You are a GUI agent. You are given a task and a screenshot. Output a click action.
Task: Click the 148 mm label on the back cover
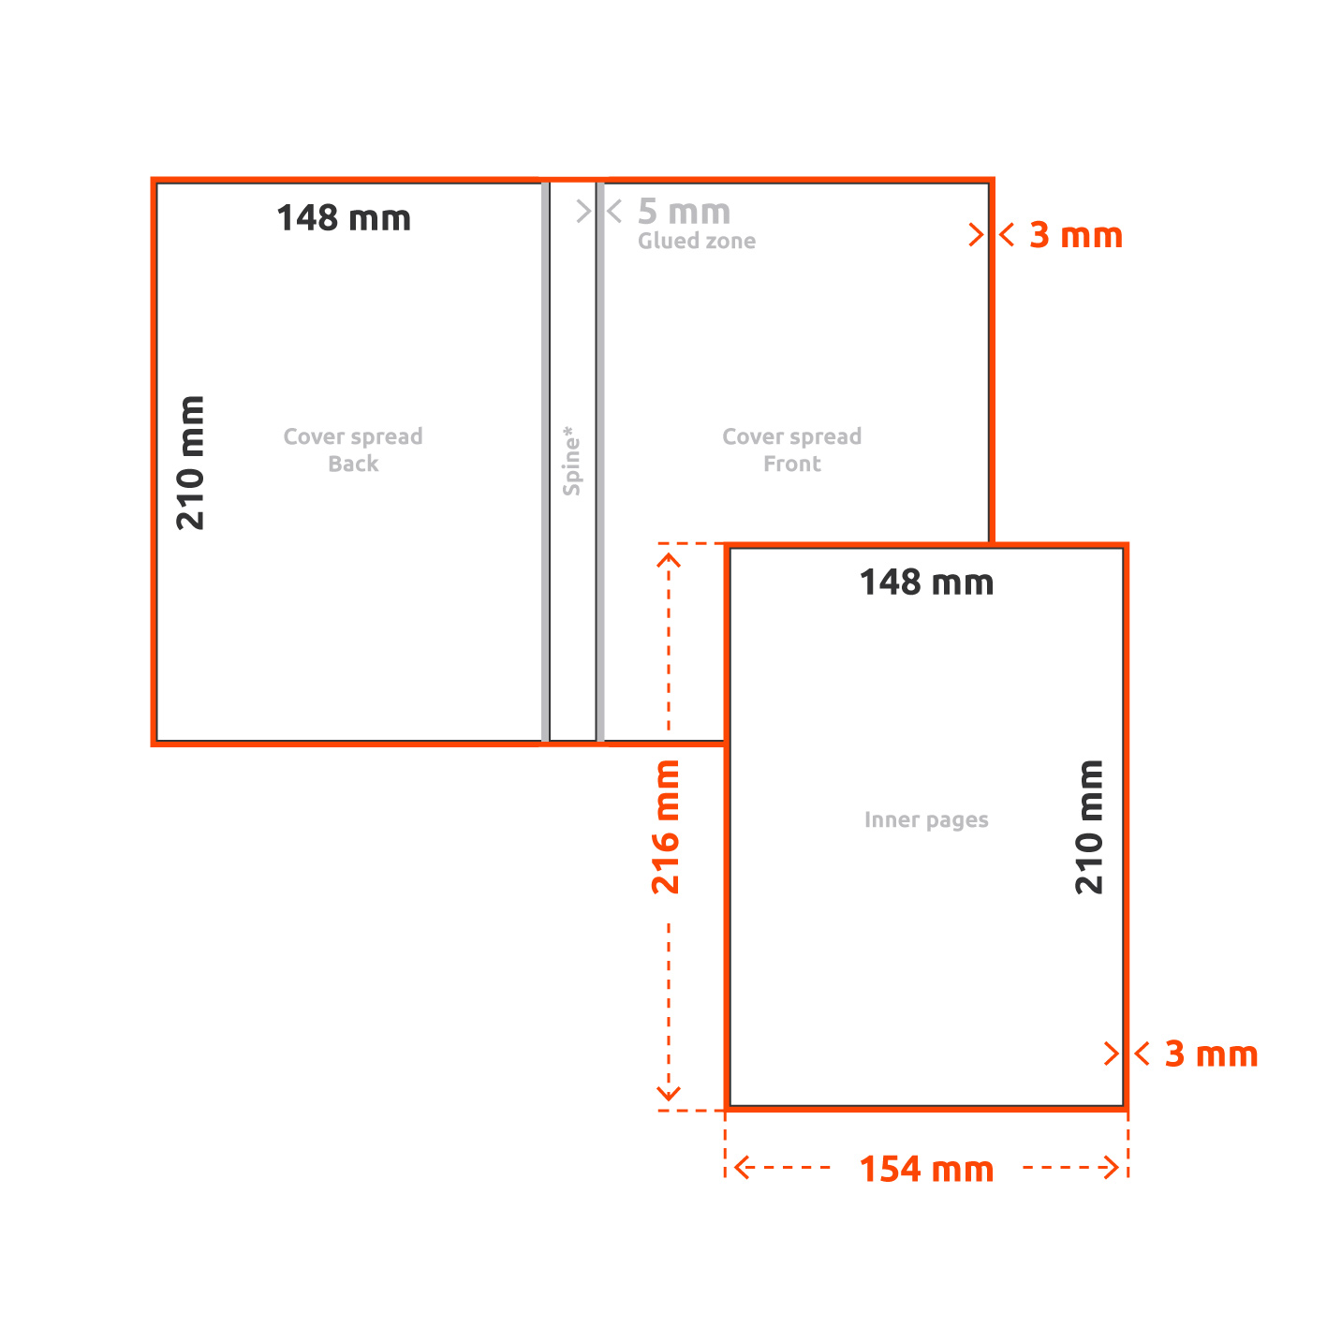344,218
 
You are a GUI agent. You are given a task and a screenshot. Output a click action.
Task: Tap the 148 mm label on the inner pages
926,582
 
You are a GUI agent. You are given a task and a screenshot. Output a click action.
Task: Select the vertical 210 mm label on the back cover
191,463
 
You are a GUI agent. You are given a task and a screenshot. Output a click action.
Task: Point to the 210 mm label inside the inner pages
1089,827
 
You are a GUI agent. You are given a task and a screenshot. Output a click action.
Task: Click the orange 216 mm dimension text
665,827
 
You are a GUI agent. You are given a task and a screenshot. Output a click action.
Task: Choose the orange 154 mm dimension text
926,1170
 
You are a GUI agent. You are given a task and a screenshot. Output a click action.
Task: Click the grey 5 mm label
684,212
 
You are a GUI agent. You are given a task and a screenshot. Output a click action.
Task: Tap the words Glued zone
696,241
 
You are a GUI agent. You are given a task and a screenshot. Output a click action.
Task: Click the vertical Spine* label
571,461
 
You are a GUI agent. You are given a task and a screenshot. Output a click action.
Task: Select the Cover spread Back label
353,450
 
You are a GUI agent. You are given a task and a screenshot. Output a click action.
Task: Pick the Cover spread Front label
792,450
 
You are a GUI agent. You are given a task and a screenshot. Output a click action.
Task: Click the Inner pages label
926,819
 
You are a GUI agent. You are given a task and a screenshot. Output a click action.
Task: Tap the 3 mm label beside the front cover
1076,235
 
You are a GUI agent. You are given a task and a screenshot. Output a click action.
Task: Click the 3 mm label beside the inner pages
1211,1054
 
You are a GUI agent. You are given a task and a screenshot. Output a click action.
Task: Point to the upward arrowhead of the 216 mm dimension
669,560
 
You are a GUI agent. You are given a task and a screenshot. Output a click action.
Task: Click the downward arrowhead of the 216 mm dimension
669,1093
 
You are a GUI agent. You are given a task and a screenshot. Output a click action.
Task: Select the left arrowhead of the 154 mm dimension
742,1167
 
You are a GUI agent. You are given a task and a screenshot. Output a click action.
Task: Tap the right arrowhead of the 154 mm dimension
1111,1167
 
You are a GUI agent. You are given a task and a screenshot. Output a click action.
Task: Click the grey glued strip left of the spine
545,462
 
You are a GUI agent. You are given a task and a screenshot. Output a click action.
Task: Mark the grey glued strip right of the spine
600,462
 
